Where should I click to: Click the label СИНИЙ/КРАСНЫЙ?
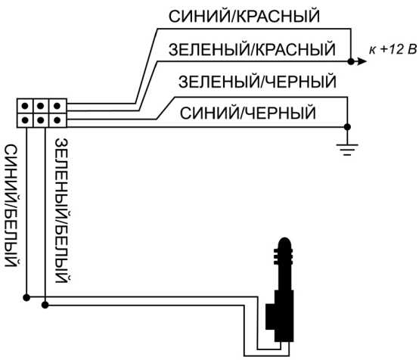tap(244, 16)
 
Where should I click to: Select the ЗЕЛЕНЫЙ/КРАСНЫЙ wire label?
tap(252, 49)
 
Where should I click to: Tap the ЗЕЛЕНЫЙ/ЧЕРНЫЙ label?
tap(257, 82)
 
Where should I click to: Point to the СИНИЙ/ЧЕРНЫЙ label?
tap(248, 113)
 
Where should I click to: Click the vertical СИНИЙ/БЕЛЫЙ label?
tap(11, 205)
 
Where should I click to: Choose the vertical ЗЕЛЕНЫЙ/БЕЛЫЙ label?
tap(62, 210)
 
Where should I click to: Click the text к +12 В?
tap(393, 49)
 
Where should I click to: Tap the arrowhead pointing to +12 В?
tap(362, 62)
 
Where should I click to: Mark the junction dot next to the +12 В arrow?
tap(351, 62)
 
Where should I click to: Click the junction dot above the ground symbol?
tap(347, 127)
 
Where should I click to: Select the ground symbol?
tap(347, 150)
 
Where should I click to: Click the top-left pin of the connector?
tap(25, 106)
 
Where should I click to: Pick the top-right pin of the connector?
tap(57, 106)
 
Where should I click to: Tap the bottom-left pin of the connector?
tap(25, 120)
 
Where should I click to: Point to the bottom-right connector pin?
tap(57, 120)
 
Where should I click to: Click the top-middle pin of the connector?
tap(41, 106)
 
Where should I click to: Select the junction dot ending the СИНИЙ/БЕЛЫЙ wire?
tap(26, 297)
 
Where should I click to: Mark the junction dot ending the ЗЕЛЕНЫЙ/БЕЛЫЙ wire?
tap(45, 305)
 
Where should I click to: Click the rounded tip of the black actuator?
tap(285, 243)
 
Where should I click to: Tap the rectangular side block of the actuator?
tap(270, 317)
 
